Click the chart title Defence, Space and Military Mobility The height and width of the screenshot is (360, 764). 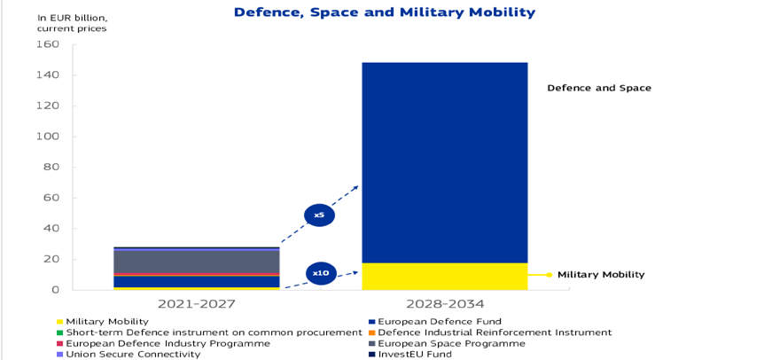click(385, 12)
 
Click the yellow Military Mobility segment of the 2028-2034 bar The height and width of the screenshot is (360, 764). click(444, 276)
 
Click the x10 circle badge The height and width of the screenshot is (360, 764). click(321, 273)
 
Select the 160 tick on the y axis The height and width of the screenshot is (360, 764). click(49, 44)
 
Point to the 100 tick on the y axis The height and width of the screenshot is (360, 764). click(49, 137)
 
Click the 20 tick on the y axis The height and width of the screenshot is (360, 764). click(51, 259)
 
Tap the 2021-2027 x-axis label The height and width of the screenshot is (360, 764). click(197, 304)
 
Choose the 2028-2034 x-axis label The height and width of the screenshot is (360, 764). click(444, 304)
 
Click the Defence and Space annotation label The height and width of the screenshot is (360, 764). click(599, 88)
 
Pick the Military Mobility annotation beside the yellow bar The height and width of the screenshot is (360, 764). click(601, 275)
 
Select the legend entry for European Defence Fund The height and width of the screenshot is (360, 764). click(434, 321)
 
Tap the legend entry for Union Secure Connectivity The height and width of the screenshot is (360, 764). click(133, 354)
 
